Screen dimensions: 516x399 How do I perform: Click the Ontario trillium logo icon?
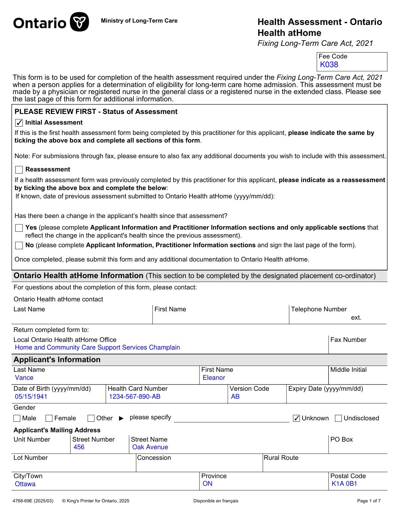coord(79,22)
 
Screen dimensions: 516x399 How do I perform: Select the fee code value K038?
coord(329,65)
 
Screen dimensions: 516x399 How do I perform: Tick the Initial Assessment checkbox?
coord(19,123)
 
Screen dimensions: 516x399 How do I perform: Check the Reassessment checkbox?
coord(19,170)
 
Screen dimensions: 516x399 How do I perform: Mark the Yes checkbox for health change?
coord(19,228)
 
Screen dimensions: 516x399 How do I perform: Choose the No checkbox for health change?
coord(19,246)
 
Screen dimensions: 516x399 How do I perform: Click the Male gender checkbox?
coord(17,418)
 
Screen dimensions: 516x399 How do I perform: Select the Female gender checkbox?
coord(49,418)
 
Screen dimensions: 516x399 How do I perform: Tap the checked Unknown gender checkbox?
coord(297,418)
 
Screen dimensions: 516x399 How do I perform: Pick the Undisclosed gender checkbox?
coord(338,418)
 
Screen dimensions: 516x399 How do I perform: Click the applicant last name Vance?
coord(24,378)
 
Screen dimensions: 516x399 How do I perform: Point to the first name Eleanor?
coord(214,378)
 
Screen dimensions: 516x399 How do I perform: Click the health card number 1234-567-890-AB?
coord(135,397)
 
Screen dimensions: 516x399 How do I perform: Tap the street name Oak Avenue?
coord(150,447)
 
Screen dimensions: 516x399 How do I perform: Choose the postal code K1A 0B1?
coord(344,484)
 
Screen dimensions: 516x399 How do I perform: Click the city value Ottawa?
coord(25,484)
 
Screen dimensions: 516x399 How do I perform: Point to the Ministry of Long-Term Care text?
coord(139,21)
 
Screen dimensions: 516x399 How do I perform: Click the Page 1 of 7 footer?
coord(369,501)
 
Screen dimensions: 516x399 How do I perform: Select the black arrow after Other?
coord(121,418)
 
